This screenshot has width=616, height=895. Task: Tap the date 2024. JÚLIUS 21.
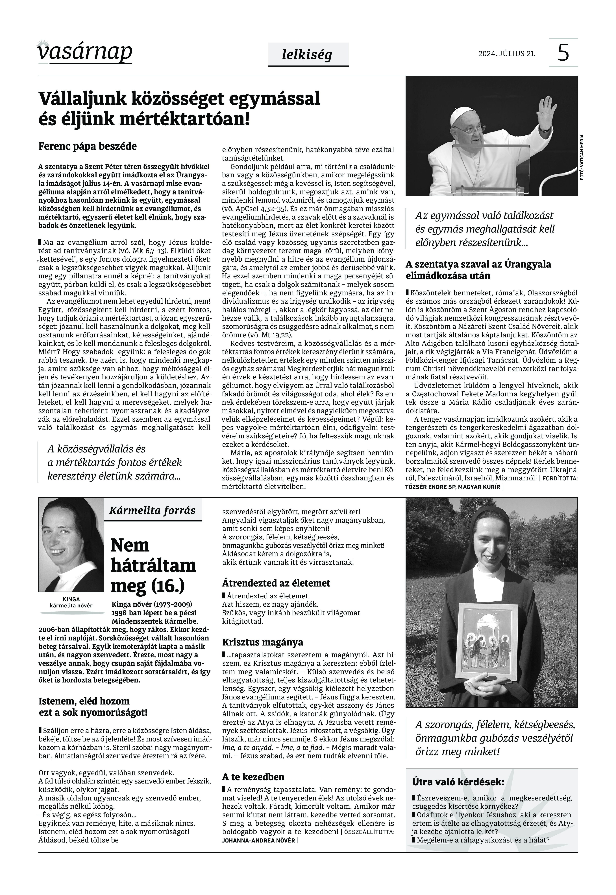507,54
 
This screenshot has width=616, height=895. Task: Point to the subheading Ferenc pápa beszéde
88,147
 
